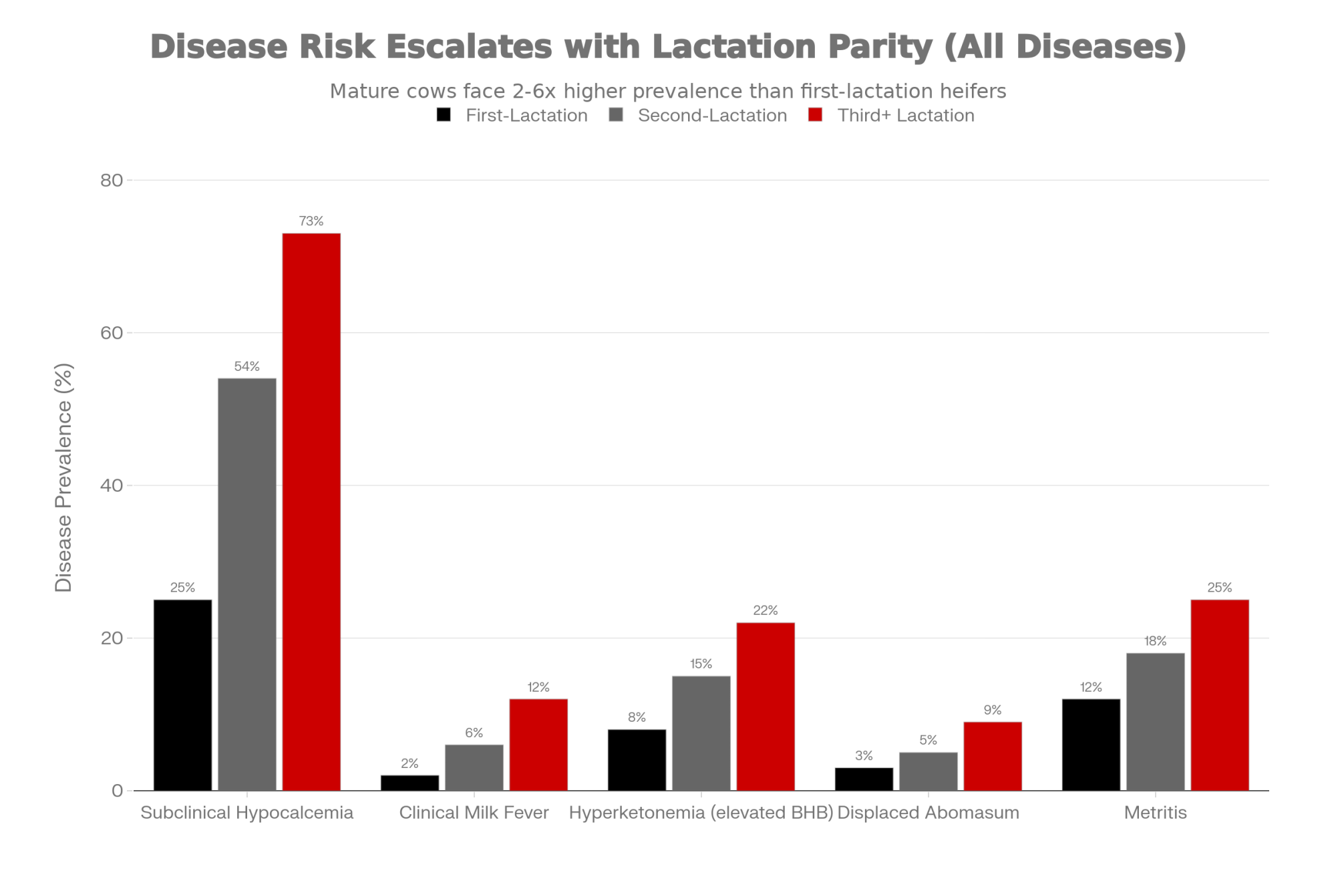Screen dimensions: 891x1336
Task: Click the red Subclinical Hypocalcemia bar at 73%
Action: [x=311, y=511]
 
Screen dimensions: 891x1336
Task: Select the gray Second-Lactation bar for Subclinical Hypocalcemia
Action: [x=247, y=584]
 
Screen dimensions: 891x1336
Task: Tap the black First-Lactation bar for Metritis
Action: [x=1091, y=745]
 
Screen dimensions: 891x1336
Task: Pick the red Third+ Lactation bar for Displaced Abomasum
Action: [x=993, y=756]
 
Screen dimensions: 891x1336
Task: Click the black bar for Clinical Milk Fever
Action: [x=409, y=783]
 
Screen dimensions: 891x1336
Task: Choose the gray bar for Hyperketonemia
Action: [x=701, y=733]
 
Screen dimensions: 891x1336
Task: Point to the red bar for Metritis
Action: [x=1220, y=695]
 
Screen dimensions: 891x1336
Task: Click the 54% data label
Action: [x=247, y=366]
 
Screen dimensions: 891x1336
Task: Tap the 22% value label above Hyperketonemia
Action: [x=766, y=610]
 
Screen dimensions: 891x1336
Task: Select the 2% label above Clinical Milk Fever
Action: [x=409, y=763]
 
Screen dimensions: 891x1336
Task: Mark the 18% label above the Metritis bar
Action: [x=1156, y=641]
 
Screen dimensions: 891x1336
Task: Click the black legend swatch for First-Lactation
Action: [x=444, y=115]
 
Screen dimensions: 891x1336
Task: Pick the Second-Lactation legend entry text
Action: [x=712, y=116]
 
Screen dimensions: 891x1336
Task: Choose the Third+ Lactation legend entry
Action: [x=906, y=116]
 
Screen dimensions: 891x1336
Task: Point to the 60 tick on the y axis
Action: [x=112, y=333]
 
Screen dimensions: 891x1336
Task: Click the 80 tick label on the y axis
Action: [x=112, y=180]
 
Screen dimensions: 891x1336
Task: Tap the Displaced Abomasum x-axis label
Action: [x=928, y=813]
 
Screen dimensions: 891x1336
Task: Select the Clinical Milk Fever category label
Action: [x=474, y=813]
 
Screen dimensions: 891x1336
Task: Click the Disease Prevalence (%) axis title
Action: [x=63, y=477]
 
